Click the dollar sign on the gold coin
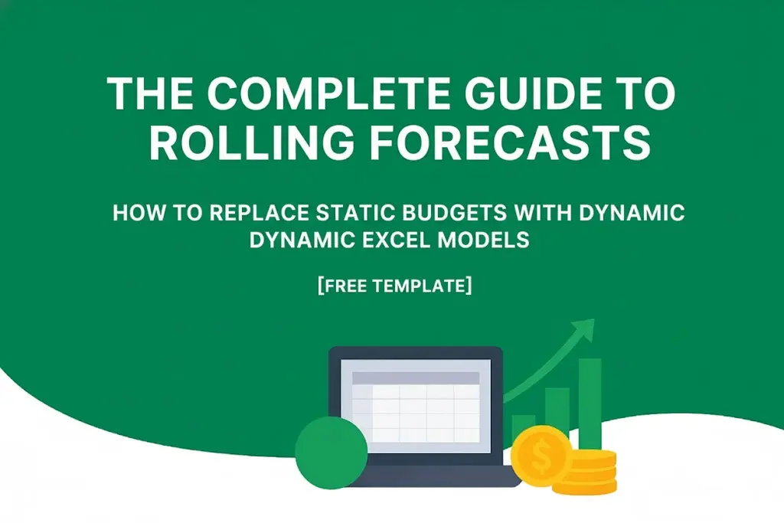[541, 457]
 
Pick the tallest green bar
[590, 402]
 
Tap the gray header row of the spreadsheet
[415, 378]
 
